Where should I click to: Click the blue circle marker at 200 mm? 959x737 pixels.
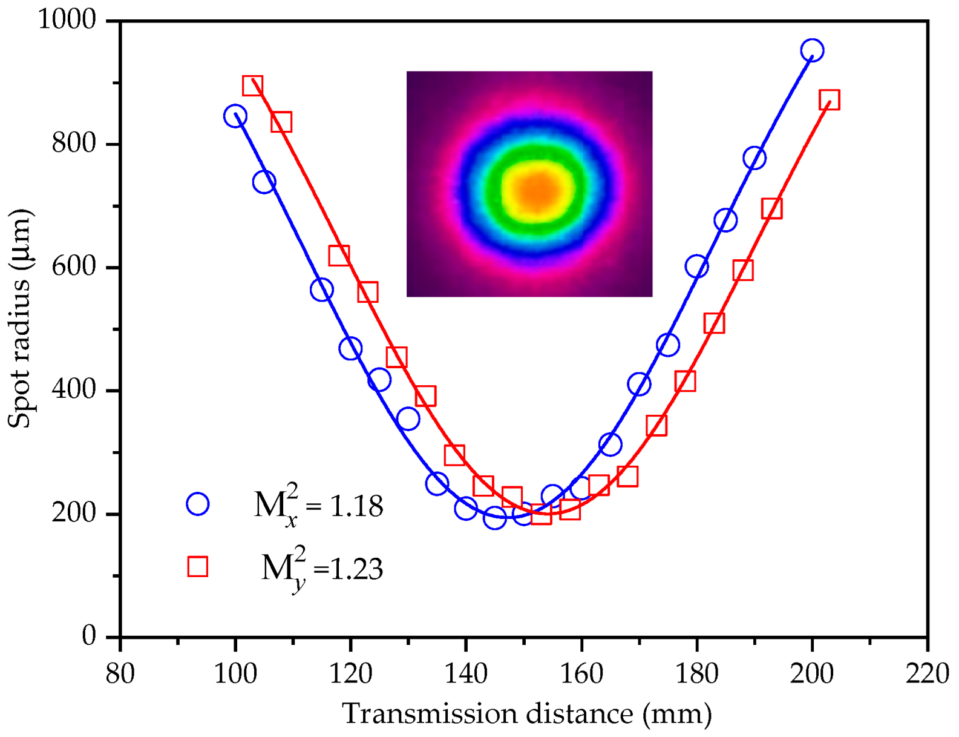[x=811, y=50]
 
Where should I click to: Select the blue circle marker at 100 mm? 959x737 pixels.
[x=235, y=116]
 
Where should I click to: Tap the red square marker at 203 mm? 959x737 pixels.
[x=829, y=100]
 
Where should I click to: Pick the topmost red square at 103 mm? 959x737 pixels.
[x=252, y=86]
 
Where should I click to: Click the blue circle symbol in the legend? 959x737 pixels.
[x=198, y=504]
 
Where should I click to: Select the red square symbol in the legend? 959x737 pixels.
[x=198, y=566]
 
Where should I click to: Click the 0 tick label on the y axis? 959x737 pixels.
[x=89, y=636]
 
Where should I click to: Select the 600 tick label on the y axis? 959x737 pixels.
[x=74, y=266]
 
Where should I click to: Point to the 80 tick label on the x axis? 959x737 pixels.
[x=120, y=673]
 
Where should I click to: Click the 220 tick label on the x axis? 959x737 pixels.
[x=927, y=673]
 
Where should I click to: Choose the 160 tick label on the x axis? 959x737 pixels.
[x=581, y=673]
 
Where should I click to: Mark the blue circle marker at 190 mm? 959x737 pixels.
[x=754, y=158]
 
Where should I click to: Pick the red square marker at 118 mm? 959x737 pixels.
[x=339, y=255]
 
